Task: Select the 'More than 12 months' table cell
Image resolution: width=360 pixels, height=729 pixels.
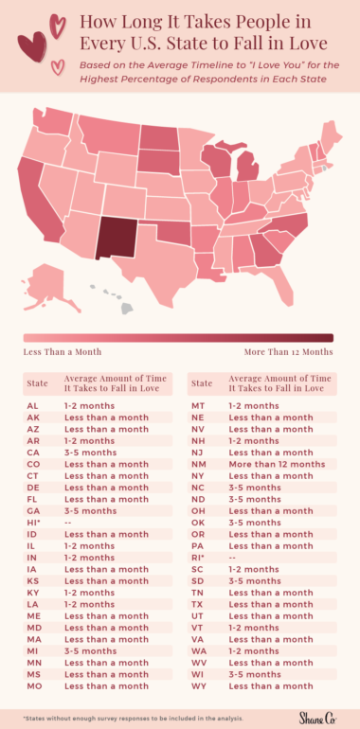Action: coord(276,464)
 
